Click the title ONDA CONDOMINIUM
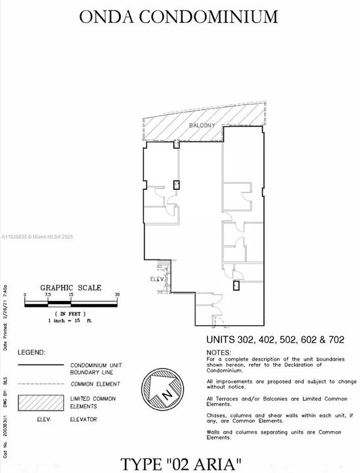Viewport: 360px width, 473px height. pos(179,16)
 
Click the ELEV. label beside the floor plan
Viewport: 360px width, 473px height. pos(156,278)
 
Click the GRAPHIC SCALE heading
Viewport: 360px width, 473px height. pos(71,287)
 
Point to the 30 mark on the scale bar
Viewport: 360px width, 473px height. pos(117,295)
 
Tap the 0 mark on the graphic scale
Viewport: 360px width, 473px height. pos(24,295)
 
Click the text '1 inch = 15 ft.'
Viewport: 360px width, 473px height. pos(70,321)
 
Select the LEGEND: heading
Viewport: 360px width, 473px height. pos(31,352)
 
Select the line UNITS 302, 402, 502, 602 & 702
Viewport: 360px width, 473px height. pos(275,340)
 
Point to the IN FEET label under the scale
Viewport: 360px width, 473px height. pos(71,315)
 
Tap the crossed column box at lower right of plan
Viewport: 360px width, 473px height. pos(236,286)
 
